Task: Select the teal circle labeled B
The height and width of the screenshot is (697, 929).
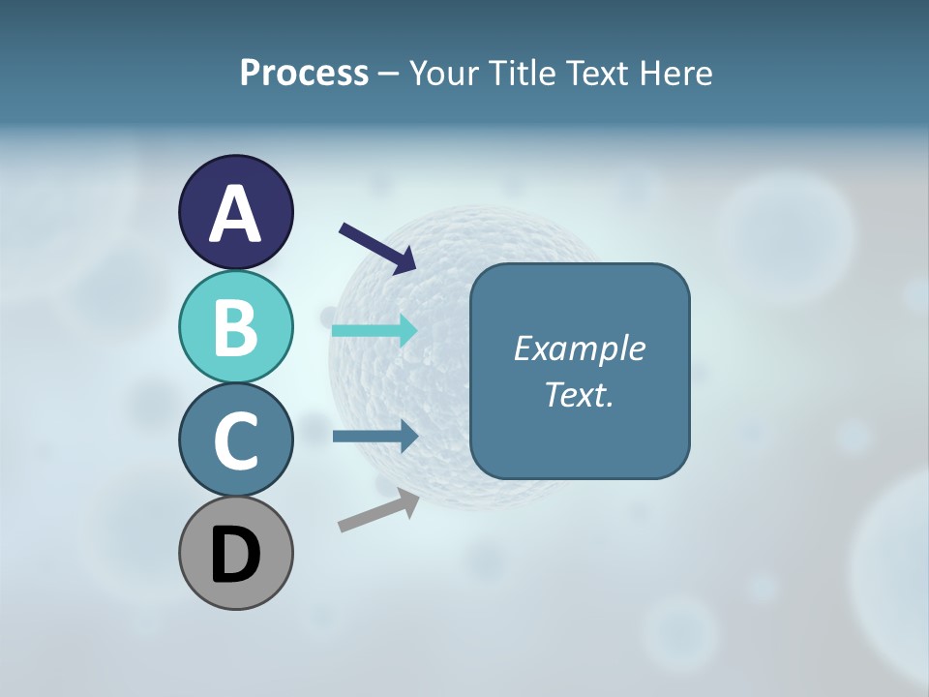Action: click(235, 327)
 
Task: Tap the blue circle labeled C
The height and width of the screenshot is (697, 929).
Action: click(235, 440)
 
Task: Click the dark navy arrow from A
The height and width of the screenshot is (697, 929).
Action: click(377, 248)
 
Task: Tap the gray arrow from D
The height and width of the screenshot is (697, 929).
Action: click(378, 510)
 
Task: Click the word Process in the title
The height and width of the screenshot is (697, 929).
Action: click(304, 73)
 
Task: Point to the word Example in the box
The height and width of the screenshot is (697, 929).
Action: click(579, 348)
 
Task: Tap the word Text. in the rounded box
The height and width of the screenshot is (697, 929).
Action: click(579, 394)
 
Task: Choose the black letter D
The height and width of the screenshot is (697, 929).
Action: click(235, 556)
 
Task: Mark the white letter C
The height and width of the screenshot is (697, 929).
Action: click(235, 441)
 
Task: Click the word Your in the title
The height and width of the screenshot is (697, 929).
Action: click(445, 73)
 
